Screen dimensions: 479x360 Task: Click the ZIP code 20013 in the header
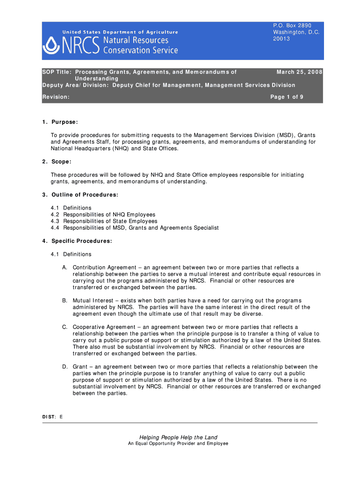(281, 39)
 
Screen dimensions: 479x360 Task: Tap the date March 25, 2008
(299, 72)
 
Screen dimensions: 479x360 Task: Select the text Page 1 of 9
(287, 97)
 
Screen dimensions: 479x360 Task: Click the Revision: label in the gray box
(56, 97)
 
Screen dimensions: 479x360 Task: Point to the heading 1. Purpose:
(59, 122)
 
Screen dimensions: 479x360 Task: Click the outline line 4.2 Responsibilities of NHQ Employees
(103, 214)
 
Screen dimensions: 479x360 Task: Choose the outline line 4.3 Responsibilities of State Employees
(104, 221)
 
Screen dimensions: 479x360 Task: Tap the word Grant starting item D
(79, 367)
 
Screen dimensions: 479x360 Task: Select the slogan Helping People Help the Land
(178, 437)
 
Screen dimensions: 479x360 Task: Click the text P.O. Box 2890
(292, 25)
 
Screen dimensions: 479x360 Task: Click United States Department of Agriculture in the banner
(121, 32)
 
